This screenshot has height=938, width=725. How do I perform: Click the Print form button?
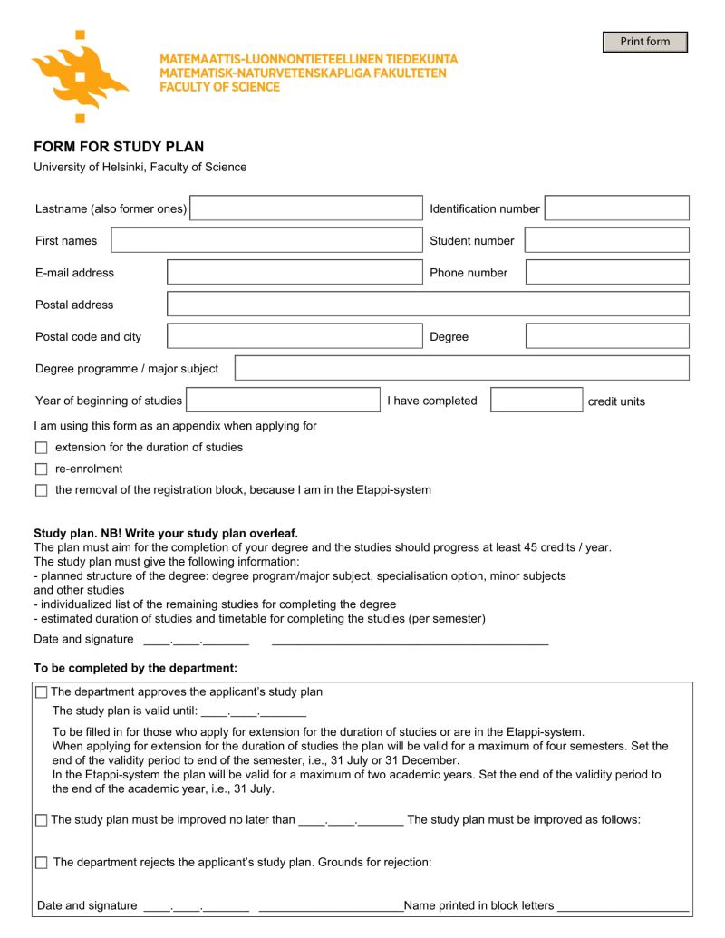click(x=644, y=42)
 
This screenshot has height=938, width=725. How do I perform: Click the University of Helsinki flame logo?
click(x=80, y=76)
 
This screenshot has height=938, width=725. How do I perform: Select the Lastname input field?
click(x=305, y=208)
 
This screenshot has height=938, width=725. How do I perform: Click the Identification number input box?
click(x=616, y=208)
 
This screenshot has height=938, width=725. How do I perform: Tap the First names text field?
click(x=266, y=240)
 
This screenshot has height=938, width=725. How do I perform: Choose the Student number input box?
click(x=606, y=240)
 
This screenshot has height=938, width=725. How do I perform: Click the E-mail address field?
click(x=295, y=272)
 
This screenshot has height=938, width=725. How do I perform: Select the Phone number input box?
click(x=607, y=272)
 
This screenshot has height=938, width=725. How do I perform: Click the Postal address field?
click(x=428, y=305)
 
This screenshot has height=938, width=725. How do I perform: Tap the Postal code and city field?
click(x=295, y=336)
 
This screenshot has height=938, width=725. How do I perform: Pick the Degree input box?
click(x=607, y=336)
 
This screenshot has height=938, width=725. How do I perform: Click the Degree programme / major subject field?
click(x=461, y=368)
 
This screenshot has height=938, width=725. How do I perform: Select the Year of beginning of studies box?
click(x=283, y=401)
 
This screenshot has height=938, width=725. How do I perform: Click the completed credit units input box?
click(x=536, y=401)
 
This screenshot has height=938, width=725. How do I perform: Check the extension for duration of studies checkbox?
click(x=41, y=448)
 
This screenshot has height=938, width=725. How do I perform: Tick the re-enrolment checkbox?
click(x=41, y=469)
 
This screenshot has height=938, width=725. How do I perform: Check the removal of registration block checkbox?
click(x=41, y=490)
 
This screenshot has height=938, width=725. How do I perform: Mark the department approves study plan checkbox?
click(x=41, y=692)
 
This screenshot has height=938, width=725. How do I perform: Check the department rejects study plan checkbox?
click(x=41, y=863)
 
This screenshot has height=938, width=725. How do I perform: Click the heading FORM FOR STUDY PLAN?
click(x=119, y=147)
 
